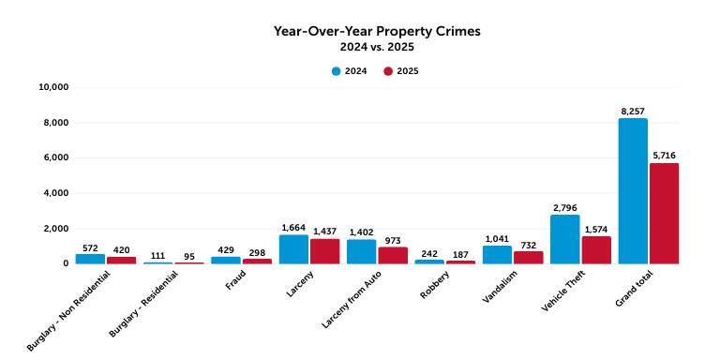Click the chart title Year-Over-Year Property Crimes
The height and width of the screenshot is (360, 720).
pos(376,30)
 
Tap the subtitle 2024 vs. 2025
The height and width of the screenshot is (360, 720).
pos(376,46)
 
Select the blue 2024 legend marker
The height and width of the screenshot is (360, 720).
pos(336,71)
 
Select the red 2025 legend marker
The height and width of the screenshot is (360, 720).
pos(388,71)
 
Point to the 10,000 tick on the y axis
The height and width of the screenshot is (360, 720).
pos(52,87)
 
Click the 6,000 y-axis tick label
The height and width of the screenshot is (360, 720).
pos(55,157)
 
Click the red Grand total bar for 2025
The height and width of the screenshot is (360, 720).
pos(664,213)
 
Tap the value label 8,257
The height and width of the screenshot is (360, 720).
pos(634,111)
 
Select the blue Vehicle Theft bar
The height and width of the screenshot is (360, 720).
pos(564,239)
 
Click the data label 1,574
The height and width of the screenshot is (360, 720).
pos(596,229)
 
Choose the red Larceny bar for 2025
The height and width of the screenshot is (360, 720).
pos(325,251)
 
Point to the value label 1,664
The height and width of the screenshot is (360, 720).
pos(294,227)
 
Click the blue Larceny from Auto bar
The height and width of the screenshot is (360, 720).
pos(362,251)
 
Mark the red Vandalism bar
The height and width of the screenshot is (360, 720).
pos(528,257)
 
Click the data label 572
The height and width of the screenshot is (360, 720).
pos(90,247)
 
